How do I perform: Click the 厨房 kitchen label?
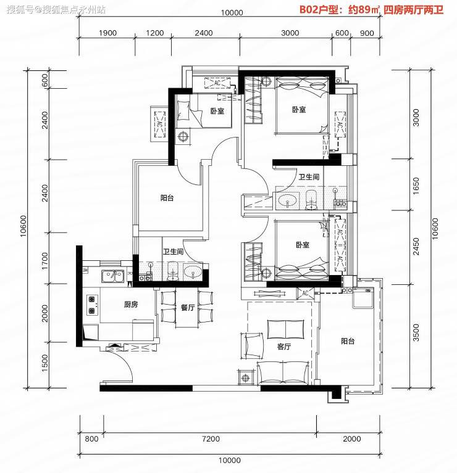pyautogui.click(x=131, y=305)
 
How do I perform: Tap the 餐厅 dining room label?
pyautogui.click(x=188, y=307)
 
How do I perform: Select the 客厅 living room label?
pyautogui.click(x=284, y=347)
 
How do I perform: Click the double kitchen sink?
pyautogui.click(x=113, y=276)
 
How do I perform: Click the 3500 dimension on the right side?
pyautogui.click(x=416, y=332)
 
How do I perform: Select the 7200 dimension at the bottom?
pyautogui.click(x=211, y=438)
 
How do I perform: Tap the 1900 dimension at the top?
pyautogui.click(x=107, y=33)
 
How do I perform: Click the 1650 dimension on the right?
pyautogui.click(x=416, y=186)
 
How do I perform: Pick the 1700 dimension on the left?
pyautogui.click(x=44, y=261)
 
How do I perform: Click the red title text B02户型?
pyautogui.click(x=319, y=10)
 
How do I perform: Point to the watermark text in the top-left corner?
pyautogui.click(x=56, y=10)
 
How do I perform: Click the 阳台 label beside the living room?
pyautogui.click(x=348, y=341)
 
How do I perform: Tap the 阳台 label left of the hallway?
pyautogui.click(x=167, y=198)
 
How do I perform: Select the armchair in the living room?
pyautogui.click(x=251, y=346)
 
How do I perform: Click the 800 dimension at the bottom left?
pyautogui.click(x=91, y=438)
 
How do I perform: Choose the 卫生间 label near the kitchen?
pyautogui.click(x=173, y=251)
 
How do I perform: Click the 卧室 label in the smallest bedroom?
pyautogui.click(x=217, y=111)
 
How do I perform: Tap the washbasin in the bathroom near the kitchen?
pyautogui.click(x=193, y=273)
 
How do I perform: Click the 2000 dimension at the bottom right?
pyautogui.click(x=351, y=438)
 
